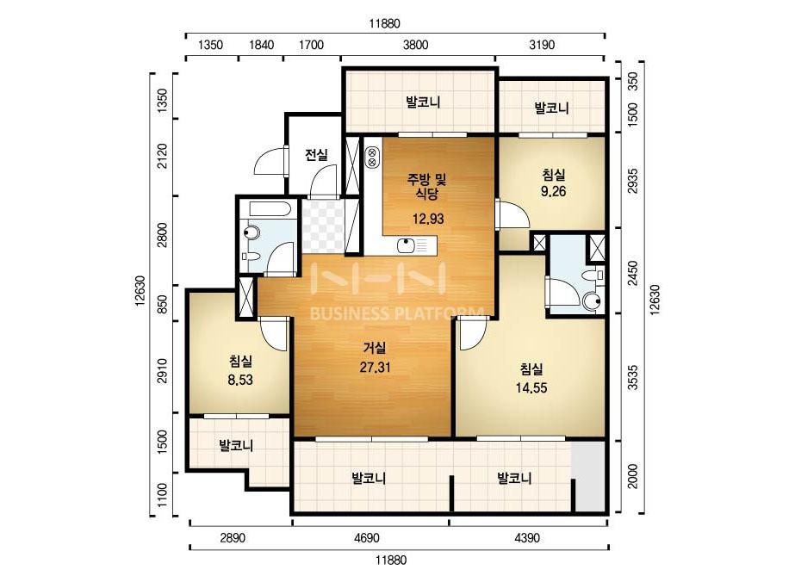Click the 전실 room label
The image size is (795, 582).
tap(316, 155)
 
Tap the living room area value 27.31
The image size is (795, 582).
tap(376, 367)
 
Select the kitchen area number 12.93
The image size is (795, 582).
tap(428, 219)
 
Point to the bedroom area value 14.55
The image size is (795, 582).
tap(531, 388)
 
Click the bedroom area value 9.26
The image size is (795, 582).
tap(553, 192)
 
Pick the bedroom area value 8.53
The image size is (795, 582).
tap(240, 380)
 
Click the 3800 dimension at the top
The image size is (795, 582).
tap(416, 45)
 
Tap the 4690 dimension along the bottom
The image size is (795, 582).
tap(367, 538)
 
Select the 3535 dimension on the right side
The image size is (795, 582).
tap(633, 377)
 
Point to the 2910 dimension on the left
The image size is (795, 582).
tap(162, 370)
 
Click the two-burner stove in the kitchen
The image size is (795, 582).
tap(371, 158)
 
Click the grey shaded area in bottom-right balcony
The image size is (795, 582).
tap(588, 477)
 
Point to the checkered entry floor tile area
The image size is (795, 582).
tap(323, 226)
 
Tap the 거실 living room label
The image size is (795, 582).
tap(375, 348)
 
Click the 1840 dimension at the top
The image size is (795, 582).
tap(262, 45)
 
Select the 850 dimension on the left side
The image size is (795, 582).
tap(162, 304)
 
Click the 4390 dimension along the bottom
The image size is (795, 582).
tap(527, 538)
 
